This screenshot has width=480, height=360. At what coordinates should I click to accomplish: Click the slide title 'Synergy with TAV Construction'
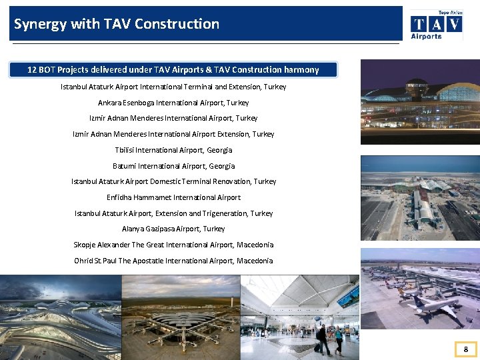pyautogui.click(x=117, y=24)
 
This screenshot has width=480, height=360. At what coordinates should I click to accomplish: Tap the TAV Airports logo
pyautogui.click(x=437, y=25)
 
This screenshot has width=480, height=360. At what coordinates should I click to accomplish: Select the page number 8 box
pyautogui.click(x=466, y=349)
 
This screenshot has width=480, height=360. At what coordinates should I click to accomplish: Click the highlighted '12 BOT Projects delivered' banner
pyautogui.click(x=173, y=70)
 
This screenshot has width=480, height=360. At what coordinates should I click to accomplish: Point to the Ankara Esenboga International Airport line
pyautogui.click(x=173, y=103)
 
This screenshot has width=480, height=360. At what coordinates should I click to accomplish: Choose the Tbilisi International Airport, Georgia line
pyautogui.click(x=173, y=150)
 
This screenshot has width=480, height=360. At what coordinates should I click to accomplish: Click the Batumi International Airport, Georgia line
pyautogui.click(x=173, y=166)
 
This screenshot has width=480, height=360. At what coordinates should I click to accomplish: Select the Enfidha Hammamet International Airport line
pyautogui.click(x=173, y=197)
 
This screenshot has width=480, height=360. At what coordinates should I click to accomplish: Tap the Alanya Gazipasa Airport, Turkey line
pyautogui.click(x=173, y=229)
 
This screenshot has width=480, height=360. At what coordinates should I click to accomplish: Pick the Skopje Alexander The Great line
pyautogui.click(x=173, y=245)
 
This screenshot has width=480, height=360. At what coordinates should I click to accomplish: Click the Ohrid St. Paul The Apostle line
pyautogui.click(x=173, y=261)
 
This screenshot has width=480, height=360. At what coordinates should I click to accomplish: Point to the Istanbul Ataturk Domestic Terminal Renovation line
pyautogui.click(x=173, y=181)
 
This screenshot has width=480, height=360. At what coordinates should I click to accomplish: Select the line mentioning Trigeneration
pyautogui.click(x=173, y=213)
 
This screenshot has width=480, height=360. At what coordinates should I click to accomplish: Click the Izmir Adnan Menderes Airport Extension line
pyautogui.click(x=173, y=134)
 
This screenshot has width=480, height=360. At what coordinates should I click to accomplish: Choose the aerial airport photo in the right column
pyautogui.click(x=420, y=198)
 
